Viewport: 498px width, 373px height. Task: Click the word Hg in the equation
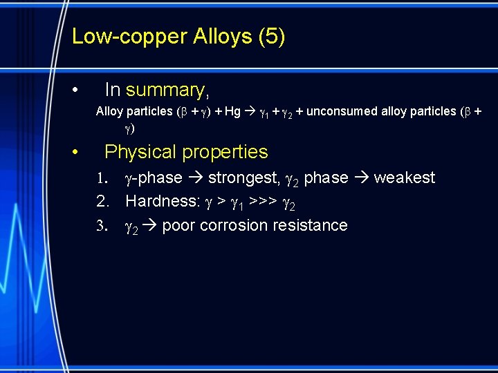tap(232, 111)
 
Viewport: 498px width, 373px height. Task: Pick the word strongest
tap(241, 178)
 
